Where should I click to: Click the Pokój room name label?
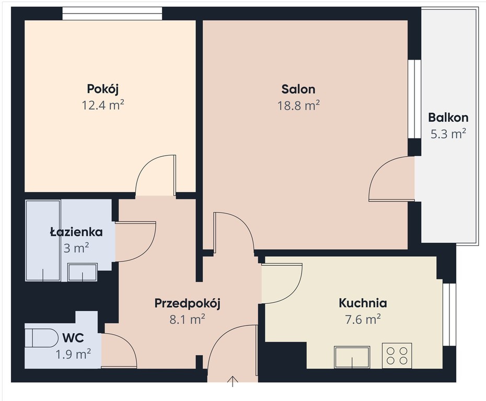102,89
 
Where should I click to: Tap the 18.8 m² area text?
298,105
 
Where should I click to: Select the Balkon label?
448,117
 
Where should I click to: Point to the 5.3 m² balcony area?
448,134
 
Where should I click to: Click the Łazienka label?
76,232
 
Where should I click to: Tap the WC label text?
73,338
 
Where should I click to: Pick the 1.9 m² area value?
73,354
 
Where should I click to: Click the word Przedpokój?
187,303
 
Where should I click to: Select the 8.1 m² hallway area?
187,319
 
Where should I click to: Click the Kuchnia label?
363,303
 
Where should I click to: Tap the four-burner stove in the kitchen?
397,356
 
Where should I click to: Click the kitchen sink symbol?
352,357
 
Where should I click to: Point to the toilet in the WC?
41,338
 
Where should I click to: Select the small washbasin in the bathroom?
83,272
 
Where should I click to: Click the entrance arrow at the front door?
233,381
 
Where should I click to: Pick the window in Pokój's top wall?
112,14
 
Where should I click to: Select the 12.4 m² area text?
103,105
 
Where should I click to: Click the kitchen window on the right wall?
449,314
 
